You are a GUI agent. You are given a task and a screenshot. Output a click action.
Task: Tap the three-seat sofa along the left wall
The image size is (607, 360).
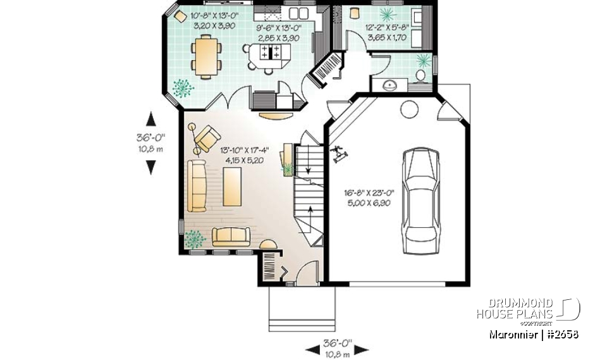coord(197,185)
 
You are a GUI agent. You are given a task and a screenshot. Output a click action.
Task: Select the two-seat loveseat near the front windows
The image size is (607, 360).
coord(231,237)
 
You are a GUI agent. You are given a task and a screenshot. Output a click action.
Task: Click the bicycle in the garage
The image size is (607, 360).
coord(339,154)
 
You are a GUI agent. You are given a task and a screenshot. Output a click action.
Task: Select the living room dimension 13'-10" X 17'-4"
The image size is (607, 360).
coord(243,156)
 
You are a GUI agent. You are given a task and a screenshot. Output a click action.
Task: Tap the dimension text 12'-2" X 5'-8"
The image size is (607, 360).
coord(387,33)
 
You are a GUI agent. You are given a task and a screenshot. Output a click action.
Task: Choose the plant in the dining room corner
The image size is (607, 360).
coord(183,87)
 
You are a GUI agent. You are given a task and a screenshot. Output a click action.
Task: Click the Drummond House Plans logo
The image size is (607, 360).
coord(527,309)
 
